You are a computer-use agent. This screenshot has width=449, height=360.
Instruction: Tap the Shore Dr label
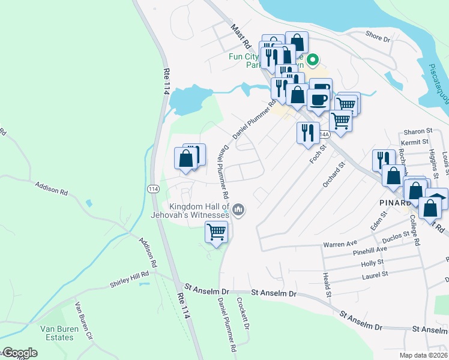[378, 37]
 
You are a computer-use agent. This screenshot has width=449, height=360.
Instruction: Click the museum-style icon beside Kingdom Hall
[239, 209]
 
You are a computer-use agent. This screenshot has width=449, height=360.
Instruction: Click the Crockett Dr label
[243, 314]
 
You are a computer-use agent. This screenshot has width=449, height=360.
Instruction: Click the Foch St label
[317, 154]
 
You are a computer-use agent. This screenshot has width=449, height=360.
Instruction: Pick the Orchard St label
[334, 175]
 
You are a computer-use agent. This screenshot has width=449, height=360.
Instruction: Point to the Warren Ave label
[340, 244]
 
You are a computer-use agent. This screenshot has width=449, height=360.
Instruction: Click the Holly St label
[372, 263]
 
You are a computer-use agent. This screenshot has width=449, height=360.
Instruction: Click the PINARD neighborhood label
[395, 202]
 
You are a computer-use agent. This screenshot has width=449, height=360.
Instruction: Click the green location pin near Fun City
[312, 59]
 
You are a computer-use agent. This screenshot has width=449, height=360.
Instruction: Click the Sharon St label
[418, 131]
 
